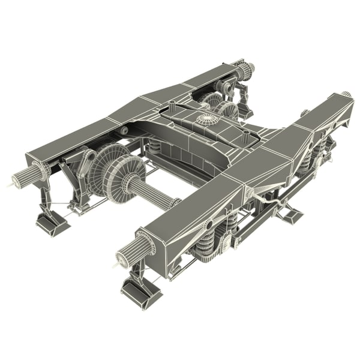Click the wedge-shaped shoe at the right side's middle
[x=289, y=210]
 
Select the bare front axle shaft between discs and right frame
[x=153, y=194]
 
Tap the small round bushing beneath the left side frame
[x=124, y=131]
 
